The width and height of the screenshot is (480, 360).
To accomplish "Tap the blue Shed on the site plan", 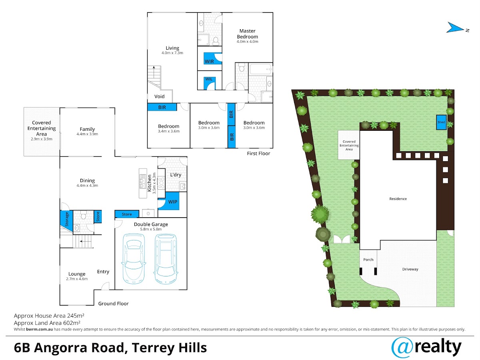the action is [441, 122].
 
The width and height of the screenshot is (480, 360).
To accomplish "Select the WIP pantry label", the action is [172, 202].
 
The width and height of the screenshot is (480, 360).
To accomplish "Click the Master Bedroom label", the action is [247, 34].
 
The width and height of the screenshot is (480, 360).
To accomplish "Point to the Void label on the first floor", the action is [160, 96].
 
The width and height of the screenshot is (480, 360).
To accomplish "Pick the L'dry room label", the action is [176, 175].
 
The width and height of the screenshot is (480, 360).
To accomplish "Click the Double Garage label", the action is [151, 224].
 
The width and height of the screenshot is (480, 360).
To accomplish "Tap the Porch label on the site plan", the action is [368, 260].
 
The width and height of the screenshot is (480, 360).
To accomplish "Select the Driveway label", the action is [410, 269].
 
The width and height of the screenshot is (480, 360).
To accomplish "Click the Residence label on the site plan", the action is [398, 199].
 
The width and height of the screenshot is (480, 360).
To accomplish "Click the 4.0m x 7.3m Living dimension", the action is [172, 53].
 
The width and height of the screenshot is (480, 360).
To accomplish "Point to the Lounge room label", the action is [77, 274].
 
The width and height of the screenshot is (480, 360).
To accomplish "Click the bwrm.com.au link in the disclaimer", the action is [39, 329].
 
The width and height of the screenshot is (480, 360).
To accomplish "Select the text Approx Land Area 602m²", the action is [47, 323].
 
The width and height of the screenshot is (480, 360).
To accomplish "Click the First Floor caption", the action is [258, 154].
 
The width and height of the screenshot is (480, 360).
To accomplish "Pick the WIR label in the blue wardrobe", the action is [209, 62].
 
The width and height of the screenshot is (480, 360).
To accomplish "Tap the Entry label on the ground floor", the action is [103, 272].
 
